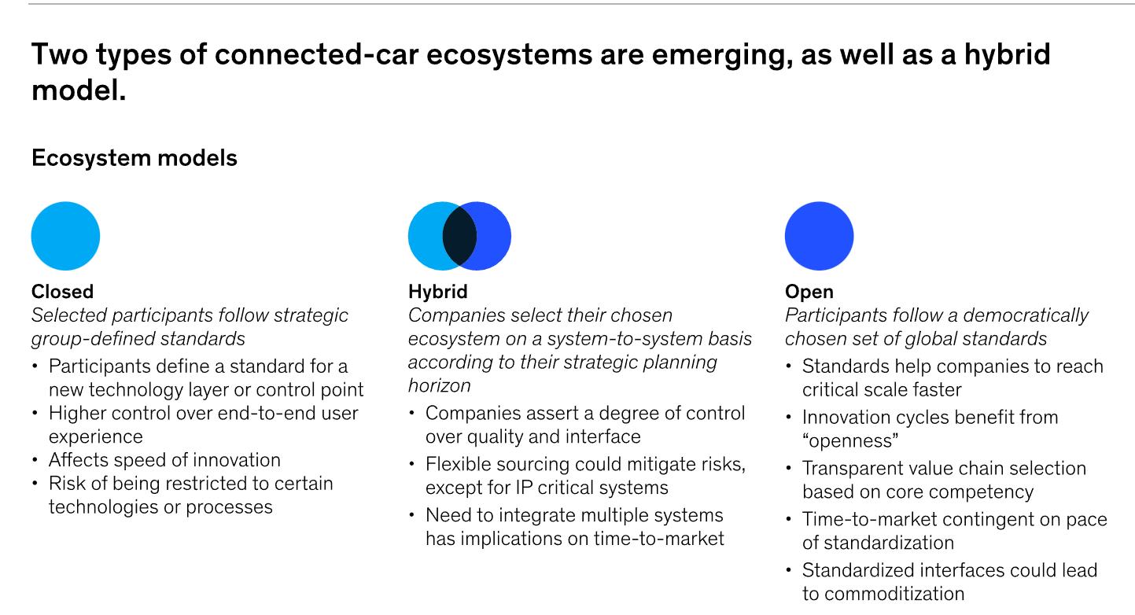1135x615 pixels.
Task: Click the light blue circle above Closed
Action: pyautogui.click(x=65, y=236)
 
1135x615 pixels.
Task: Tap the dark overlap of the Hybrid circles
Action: pyautogui.click(x=459, y=236)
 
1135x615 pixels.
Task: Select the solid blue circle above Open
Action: pyautogui.click(x=820, y=236)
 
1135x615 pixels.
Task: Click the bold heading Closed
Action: pyautogui.click(x=62, y=291)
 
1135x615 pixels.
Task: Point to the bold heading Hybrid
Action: pyautogui.click(x=438, y=292)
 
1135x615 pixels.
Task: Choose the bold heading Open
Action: pyautogui.click(x=809, y=293)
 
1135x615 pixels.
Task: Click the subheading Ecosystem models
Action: pyautogui.click(x=135, y=158)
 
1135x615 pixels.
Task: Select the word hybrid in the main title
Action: pyautogui.click(x=1008, y=55)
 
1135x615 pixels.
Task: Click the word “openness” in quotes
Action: pyautogui.click(x=851, y=440)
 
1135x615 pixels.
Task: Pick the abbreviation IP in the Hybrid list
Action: pyautogui.click(x=525, y=488)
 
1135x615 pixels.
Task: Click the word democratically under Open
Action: pyautogui.click(x=1026, y=315)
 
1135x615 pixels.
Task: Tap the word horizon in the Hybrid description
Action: pyautogui.click(x=440, y=386)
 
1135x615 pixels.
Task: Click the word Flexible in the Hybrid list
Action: pyautogui.click(x=455, y=464)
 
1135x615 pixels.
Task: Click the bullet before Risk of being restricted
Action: pyautogui.click(x=35, y=483)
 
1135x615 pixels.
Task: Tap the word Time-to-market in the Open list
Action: pyautogui.click(x=867, y=519)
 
